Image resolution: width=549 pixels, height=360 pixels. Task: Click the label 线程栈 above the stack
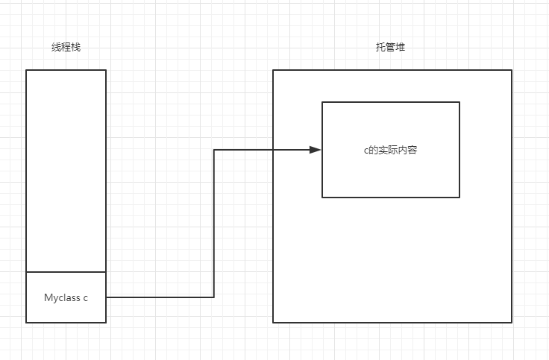(x=66, y=47)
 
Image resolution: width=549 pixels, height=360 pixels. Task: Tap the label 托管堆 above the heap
(x=390, y=47)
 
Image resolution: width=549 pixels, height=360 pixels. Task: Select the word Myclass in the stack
(x=61, y=297)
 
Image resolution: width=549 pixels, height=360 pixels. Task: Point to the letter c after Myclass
(x=85, y=297)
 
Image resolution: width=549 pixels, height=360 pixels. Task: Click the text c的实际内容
(x=385, y=150)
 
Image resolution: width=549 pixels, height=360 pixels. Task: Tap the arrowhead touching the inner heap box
(x=316, y=150)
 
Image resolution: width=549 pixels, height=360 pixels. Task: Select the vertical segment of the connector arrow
(x=214, y=224)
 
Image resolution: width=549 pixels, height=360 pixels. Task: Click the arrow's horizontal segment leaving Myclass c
(x=160, y=297)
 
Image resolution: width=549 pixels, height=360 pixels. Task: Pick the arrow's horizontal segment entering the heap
(x=261, y=150)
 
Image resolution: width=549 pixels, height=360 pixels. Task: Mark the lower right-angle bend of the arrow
(x=214, y=297)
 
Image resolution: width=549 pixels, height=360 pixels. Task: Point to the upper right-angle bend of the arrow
(x=214, y=150)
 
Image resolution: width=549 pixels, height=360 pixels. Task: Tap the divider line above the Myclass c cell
(x=66, y=272)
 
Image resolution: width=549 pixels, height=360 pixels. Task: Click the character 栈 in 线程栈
(x=75, y=47)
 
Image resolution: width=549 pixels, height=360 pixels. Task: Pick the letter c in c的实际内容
(x=356, y=151)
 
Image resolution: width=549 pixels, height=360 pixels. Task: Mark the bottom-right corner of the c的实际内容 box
(x=459, y=198)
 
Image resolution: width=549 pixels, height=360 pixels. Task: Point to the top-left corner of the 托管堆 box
(x=273, y=70)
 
